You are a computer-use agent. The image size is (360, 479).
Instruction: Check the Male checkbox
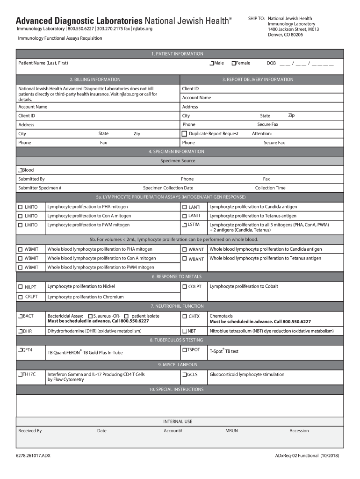(212, 63)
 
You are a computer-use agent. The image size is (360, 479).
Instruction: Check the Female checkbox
(234, 63)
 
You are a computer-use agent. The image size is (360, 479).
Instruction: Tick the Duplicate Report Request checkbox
(184, 134)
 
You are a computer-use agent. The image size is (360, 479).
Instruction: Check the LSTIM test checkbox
(184, 225)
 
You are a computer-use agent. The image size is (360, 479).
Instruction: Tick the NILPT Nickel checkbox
(21, 286)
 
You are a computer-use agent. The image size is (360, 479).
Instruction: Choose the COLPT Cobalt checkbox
(185, 286)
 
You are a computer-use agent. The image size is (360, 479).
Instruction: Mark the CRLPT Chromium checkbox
(21, 297)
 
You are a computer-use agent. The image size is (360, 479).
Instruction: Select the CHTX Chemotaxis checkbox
(184, 316)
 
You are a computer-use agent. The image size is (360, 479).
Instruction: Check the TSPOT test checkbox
(184, 350)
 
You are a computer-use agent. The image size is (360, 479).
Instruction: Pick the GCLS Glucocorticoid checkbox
(184, 375)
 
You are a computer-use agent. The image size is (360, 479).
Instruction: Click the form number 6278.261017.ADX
(33, 456)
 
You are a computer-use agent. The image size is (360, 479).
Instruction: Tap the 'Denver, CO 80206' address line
(285, 35)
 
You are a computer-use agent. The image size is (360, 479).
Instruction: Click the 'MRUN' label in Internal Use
(231, 431)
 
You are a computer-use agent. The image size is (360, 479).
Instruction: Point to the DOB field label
(271, 63)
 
